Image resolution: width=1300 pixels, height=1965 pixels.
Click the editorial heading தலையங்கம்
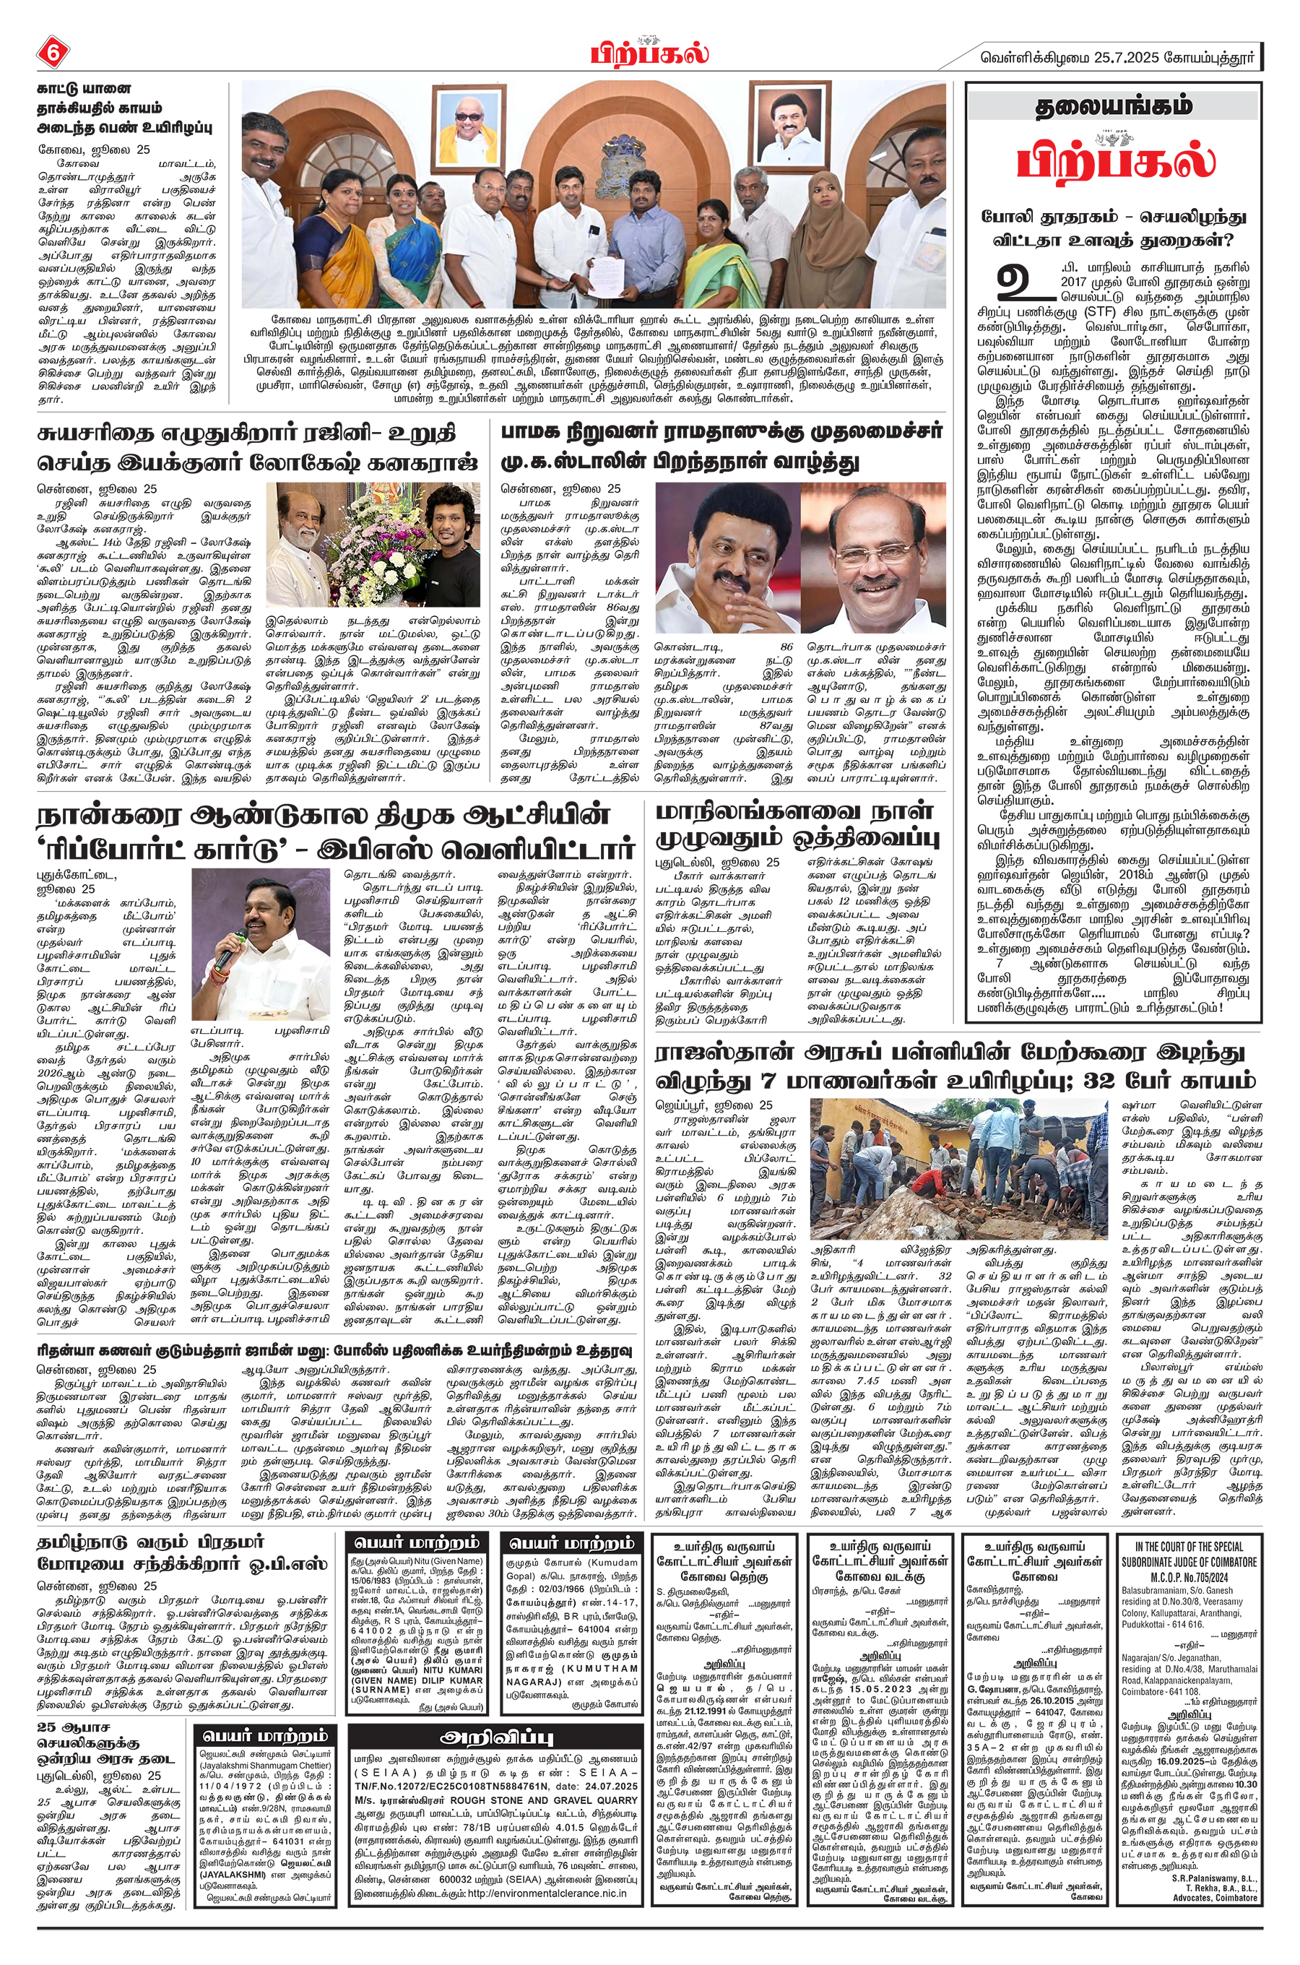coord(1114,107)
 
